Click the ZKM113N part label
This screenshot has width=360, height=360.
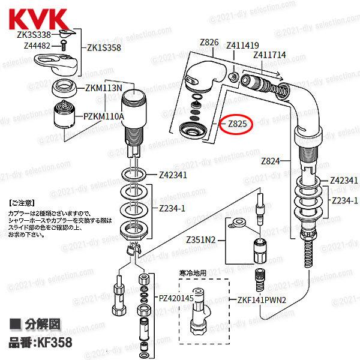click(x=104, y=88)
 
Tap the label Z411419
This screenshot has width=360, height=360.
click(x=242, y=44)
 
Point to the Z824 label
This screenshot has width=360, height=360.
click(x=271, y=161)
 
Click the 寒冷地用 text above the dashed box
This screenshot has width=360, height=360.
click(x=192, y=273)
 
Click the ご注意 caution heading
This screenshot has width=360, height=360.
click(x=23, y=203)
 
